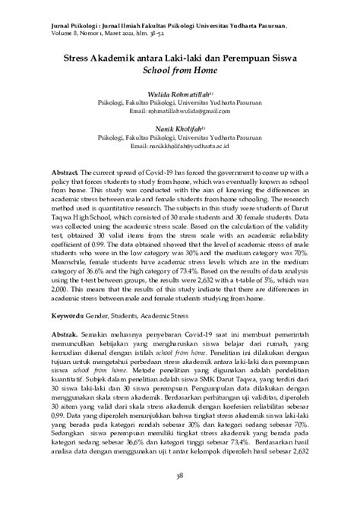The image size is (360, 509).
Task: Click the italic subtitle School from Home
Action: [180, 68]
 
